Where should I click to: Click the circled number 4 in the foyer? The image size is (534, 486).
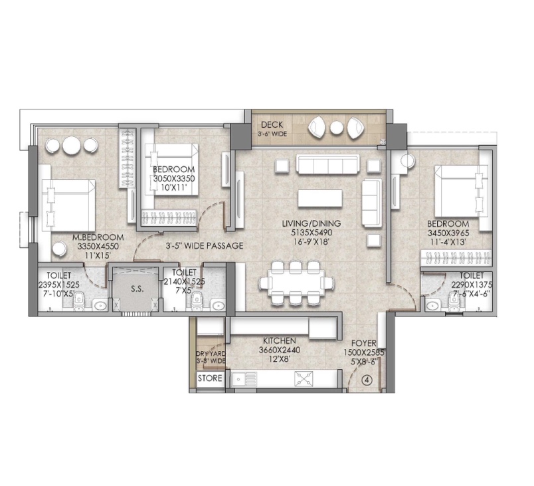pos(367,380)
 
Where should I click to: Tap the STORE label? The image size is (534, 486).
pos(210,378)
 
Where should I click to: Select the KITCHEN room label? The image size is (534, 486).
pos(279,341)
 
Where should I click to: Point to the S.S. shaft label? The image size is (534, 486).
pos(137,289)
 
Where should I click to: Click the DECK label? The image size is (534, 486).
pos(272,125)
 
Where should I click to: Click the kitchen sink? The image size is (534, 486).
pos(244,379)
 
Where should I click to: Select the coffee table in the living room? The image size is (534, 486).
pos(320,198)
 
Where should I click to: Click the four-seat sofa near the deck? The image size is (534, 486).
pos(327,165)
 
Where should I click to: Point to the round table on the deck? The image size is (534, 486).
pos(337,128)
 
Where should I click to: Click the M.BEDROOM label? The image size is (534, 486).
pos(98,237)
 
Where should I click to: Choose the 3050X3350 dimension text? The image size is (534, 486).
pos(174,178)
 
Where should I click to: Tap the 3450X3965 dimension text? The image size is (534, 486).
pos(448,233)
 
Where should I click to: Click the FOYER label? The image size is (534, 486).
pos(364,343)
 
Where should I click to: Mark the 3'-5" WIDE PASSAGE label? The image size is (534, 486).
pos(205,246)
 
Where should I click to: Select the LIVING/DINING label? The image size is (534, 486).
pos(311,223)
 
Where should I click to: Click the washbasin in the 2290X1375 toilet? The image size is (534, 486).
pos(432,305)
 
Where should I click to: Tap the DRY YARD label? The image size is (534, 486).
pos(211,354)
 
